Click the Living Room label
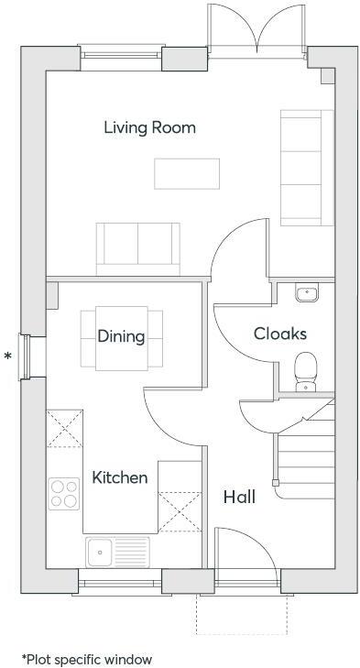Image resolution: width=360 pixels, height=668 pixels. pos(149,127)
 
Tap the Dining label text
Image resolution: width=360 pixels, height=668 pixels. pos(121,336)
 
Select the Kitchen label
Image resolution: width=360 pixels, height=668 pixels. pos(120,477)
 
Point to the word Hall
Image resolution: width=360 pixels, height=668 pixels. pos(239,497)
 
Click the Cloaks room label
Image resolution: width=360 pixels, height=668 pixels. pos(280,334)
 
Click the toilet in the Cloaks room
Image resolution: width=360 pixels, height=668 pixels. pos(306,370)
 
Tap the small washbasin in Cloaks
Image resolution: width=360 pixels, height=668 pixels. pos(306,293)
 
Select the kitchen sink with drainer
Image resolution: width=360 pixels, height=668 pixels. pos(117,552)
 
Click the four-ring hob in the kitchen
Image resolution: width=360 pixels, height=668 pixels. pos(64,494)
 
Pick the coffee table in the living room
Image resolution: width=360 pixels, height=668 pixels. pos(187,173)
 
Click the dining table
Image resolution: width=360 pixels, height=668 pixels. pos(122,339)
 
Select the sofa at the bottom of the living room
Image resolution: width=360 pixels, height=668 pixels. pos(137,245)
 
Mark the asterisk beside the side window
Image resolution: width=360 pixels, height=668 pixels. pos(9,355)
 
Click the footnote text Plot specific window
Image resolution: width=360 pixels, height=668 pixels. pos(87,658)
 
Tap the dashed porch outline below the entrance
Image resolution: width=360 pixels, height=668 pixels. pos(244,616)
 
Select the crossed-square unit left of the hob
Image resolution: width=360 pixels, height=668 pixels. pos(63,429)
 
